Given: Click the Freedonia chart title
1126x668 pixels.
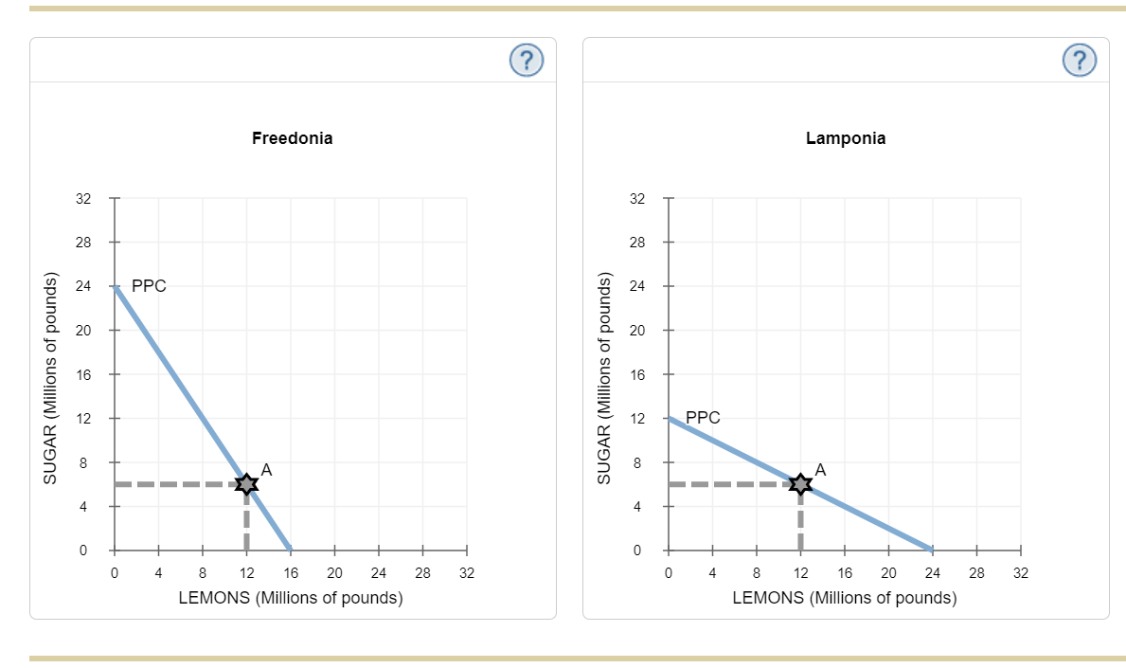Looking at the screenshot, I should click(x=292, y=138).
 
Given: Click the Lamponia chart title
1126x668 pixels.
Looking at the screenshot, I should click(x=846, y=138).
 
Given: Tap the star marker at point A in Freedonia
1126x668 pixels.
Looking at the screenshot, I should click(x=246, y=484).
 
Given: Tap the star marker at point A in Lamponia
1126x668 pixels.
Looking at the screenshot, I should click(x=800, y=484).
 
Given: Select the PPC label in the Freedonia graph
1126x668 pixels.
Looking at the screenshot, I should click(x=149, y=285).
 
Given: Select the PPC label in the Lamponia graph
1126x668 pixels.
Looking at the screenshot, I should click(x=703, y=417).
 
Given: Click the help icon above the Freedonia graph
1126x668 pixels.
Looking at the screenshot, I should click(x=527, y=61).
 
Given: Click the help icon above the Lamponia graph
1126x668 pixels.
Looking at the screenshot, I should click(x=1080, y=61).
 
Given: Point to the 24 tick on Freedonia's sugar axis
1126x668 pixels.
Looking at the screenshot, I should click(x=84, y=286).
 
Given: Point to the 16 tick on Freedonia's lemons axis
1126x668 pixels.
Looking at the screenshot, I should click(x=291, y=572).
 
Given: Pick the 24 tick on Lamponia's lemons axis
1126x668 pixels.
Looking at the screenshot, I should click(x=932, y=572).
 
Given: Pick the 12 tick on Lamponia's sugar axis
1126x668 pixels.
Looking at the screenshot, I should click(x=638, y=418).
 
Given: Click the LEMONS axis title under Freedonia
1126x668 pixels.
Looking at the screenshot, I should click(x=291, y=598).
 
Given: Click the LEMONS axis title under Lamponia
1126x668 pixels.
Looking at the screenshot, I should click(x=844, y=598).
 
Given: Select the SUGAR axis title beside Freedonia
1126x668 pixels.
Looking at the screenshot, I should click(x=53, y=379).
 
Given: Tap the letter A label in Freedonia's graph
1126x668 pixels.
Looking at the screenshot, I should click(x=266, y=469).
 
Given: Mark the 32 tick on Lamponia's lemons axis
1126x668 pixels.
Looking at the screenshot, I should click(x=1020, y=572).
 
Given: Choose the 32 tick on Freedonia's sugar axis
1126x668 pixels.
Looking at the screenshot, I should click(x=84, y=199).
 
